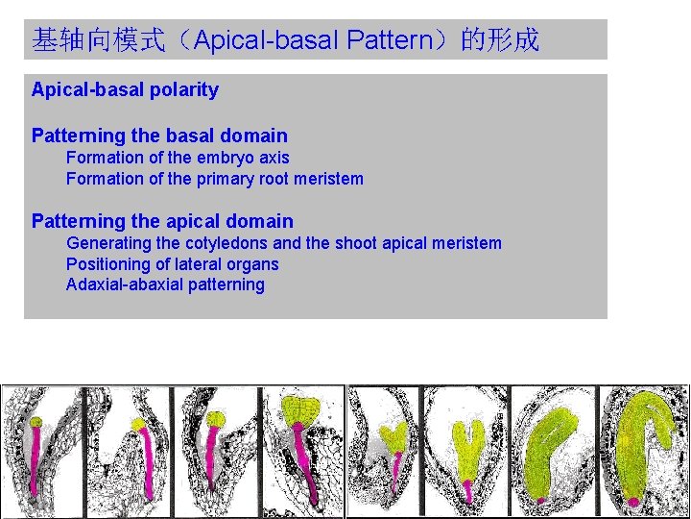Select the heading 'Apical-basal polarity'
coord(125,90)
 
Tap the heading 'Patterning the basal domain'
coord(159,136)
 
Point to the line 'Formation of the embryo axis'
coord(178,158)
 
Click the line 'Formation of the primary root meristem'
coord(214,179)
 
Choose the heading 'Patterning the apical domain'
coord(162,222)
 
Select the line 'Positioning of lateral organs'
coord(172,264)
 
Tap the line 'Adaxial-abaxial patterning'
coord(165,284)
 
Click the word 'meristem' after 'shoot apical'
coord(467,243)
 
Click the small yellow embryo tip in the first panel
coord(36,422)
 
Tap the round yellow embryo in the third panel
coord(218,419)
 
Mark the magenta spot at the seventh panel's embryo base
coord(541,499)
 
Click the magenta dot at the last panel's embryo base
coord(633,501)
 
